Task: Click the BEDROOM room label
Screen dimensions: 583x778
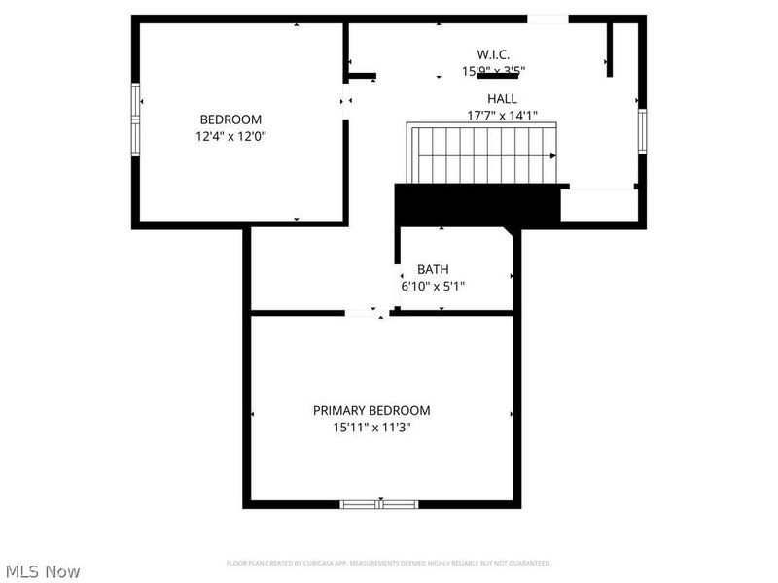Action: click(x=230, y=120)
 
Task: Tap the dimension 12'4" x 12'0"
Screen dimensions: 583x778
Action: click(x=230, y=137)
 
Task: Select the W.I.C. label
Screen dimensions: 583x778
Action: click(x=493, y=54)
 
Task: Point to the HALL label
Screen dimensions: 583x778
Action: click(x=502, y=99)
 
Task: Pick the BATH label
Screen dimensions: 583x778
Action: click(x=433, y=269)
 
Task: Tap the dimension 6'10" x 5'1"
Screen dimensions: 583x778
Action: click(x=433, y=287)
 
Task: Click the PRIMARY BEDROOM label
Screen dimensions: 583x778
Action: click(x=371, y=410)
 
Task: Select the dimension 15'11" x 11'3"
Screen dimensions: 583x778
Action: click(x=371, y=428)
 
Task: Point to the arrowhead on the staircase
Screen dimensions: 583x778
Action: click(x=552, y=155)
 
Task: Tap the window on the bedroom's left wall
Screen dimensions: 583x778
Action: click(x=137, y=120)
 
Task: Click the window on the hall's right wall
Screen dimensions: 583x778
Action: click(x=642, y=130)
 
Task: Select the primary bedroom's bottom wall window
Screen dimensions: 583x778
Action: click(x=379, y=504)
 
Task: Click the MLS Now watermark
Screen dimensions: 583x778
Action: click(x=43, y=571)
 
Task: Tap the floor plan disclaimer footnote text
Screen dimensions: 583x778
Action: click(x=388, y=563)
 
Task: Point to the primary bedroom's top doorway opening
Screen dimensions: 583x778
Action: click(x=367, y=313)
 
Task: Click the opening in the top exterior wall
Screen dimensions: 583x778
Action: click(x=548, y=18)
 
